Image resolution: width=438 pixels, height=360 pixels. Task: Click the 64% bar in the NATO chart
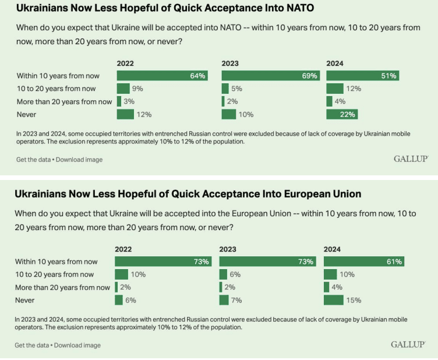[x=162, y=76]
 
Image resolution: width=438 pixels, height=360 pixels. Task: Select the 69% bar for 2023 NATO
[x=270, y=76]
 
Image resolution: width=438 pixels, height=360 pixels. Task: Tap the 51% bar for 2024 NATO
[x=362, y=76]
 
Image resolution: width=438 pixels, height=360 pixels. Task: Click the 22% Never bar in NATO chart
[x=341, y=114]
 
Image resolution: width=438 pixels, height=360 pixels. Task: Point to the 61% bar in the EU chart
[x=364, y=262]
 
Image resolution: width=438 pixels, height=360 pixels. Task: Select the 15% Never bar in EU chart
[x=334, y=300]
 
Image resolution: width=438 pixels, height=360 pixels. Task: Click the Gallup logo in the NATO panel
[x=411, y=158]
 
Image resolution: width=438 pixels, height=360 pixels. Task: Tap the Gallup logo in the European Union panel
[x=408, y=344]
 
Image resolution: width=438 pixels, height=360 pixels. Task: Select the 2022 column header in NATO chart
[x=125, y=63]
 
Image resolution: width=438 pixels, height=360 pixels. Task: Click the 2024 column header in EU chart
[x=331, y=249]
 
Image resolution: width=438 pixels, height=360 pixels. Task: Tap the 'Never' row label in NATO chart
[x=27, y=114]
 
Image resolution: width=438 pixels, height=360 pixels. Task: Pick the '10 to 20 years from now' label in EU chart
[x=55, y=274]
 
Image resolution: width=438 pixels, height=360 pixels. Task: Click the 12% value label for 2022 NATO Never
[x=144, y=114]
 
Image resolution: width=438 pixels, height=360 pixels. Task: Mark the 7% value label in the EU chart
[x=237, y=300]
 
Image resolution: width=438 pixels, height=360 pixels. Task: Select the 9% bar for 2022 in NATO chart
[x=123, y=89]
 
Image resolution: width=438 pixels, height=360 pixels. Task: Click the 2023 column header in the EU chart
[x=228, y=249]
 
